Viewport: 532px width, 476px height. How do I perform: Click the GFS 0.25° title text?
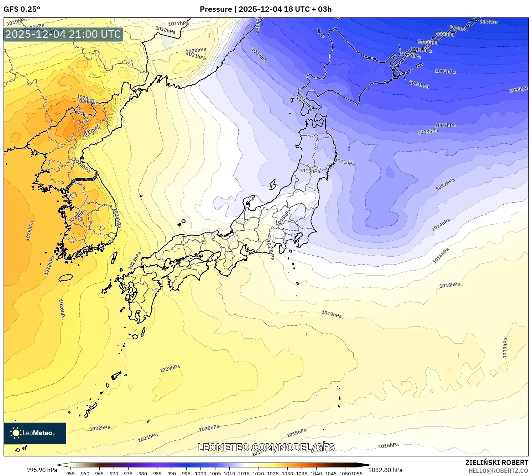(x=22, y=9)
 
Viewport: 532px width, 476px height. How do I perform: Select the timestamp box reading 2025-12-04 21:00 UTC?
(x=63, y=34)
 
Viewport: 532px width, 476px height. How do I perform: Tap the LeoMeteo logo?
(x=35, y=433)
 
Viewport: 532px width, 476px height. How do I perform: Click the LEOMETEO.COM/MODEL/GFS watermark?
(x=266, y=447)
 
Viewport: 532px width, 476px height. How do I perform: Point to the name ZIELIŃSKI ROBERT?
(x=496, y=462)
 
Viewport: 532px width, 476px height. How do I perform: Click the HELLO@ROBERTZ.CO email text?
(x=498, y=471)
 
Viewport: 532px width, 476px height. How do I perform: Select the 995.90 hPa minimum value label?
(x=42, y=470)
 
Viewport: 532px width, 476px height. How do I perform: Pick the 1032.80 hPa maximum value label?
(x=385, y=470)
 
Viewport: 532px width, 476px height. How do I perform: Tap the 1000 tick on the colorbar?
(x=200, y=474)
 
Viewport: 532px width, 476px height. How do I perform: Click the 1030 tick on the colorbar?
(x=287, y=474)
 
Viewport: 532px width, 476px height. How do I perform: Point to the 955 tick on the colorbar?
(x=71, y=474)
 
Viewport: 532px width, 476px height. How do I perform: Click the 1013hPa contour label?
(x=309, y=171)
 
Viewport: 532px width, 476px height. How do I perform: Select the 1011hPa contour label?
(x=345, y=162)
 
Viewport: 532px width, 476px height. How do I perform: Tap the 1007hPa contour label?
(x=445, y=125)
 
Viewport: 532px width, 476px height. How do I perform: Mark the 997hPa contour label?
(x=489, y=22)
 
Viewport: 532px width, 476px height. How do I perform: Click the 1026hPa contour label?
(x=62, y=309)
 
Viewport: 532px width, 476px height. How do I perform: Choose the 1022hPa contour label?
(x=100, y=428)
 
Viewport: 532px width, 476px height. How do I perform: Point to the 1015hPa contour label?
(x=283, y=217)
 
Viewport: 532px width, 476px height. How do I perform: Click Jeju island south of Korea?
(x=66, y=277)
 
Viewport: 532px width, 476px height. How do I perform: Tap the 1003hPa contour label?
(x=445, y=71)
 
